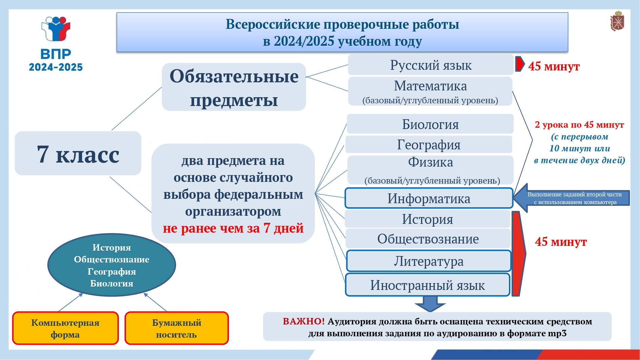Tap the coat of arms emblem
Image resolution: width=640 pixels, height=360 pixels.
617,21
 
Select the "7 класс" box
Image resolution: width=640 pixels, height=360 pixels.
78,153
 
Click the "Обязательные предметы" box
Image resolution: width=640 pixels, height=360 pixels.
234,87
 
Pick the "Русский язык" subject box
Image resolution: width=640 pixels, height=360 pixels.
431,65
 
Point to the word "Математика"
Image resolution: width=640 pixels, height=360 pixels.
430,86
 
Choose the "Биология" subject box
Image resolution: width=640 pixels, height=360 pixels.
430,124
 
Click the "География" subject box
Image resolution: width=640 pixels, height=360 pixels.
429,145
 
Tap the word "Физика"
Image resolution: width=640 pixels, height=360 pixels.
430,162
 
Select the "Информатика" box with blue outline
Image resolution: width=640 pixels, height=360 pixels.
429,198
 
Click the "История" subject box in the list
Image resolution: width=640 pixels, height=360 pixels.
428,219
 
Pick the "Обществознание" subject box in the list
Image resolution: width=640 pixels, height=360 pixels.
428,239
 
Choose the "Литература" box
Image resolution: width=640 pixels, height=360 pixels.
429,261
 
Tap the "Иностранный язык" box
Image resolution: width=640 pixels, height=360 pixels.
428,285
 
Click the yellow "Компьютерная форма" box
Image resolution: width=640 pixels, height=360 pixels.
65,328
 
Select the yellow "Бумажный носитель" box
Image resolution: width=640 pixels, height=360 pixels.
176,328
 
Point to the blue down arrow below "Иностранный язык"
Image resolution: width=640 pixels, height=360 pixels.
430,303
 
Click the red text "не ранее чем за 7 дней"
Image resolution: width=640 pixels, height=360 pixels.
233,228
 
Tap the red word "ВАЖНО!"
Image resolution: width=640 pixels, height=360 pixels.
304,321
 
